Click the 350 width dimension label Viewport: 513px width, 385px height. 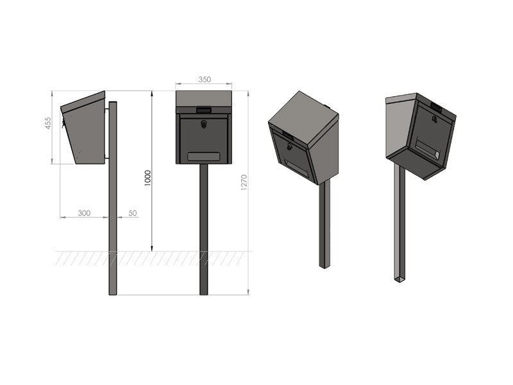[205, 79]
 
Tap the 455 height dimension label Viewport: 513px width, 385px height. [48, 123]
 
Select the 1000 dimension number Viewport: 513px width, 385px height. [148, 178]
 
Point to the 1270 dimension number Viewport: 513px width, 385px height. [244, 183]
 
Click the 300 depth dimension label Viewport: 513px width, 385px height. [84, 213]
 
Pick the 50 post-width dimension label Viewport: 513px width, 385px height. [133, 213]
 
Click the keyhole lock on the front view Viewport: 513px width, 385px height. [203, 124]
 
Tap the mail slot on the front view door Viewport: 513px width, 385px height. [203, 157]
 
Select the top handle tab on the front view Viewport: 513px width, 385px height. [203, 110]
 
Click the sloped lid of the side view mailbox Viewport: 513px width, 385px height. [83, 102]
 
